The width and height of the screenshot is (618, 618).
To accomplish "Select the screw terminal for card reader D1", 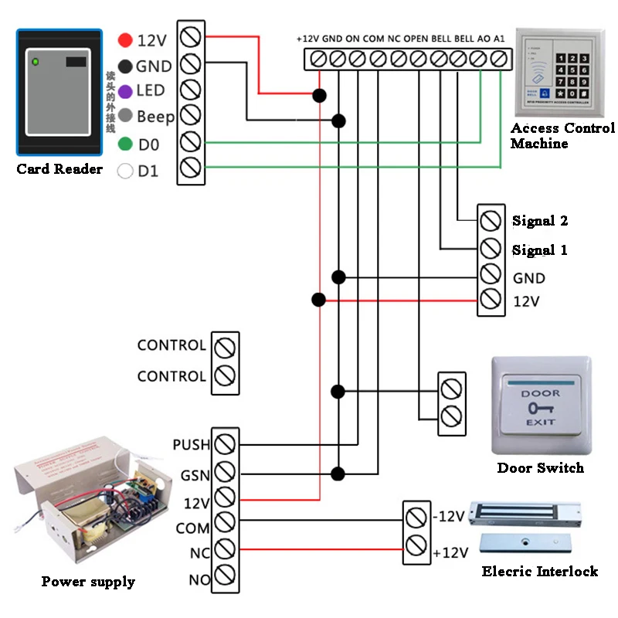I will click(191, 168).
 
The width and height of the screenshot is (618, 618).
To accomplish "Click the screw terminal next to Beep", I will click(191, 115).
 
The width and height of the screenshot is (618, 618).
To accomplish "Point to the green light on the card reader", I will click(35, 60).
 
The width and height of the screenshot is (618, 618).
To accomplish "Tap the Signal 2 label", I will click(540, 221).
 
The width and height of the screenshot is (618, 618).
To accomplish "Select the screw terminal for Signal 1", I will click(489, 249).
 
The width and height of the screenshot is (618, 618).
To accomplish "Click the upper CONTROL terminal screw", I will click(225, 346).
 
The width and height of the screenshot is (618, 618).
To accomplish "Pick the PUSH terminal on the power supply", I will click(225, 444).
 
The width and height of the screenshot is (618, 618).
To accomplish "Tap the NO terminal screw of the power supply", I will click(225, 576).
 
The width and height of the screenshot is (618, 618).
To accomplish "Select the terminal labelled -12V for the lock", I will click(416, 516).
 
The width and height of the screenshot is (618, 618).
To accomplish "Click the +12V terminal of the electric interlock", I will click(416, 545).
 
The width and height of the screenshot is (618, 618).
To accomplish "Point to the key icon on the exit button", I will click(540, 408).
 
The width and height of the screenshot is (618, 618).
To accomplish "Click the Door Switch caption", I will click(540, 467).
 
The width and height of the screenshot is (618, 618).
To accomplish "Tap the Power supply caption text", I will click(88, 582).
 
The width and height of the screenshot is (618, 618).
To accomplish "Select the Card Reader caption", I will click(59, 168).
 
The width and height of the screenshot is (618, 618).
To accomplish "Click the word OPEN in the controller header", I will click(416, 38).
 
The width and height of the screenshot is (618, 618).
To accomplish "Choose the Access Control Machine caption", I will click(562, 135).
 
